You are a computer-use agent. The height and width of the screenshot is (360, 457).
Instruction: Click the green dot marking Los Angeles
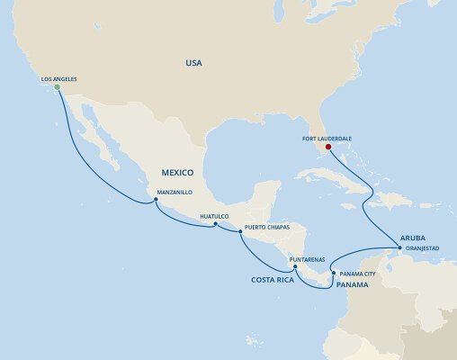[x=57, y=87]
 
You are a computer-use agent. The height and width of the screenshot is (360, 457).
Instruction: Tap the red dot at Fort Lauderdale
[x=328, y=147]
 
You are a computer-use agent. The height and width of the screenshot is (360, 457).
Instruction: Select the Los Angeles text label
[x=58, y=78]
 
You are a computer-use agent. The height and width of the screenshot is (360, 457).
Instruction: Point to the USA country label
[x=193, y=63]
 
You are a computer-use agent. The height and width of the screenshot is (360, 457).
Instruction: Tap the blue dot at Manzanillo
[x=156, y=201]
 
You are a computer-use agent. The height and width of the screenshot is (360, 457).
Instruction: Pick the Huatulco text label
[x=215, y=216]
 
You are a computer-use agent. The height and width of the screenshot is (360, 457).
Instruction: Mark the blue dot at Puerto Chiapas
[x=240, y=231]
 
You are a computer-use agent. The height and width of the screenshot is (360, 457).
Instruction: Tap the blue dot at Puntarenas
[x=295, y=267]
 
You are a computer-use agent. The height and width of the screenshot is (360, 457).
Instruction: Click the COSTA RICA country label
[x=273, y=280]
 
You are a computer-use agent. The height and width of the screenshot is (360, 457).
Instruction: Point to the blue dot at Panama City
[x=333, y=273]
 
